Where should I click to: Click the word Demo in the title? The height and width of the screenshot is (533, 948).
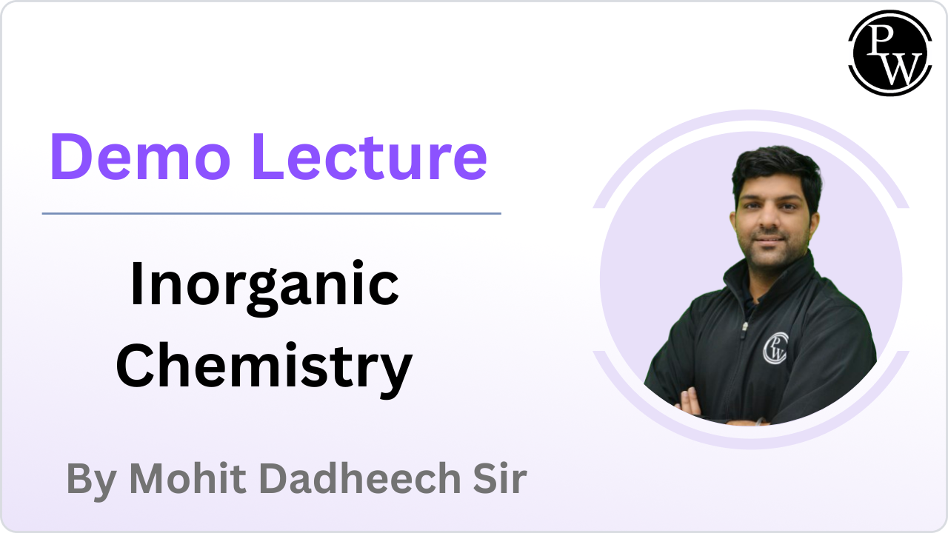141,156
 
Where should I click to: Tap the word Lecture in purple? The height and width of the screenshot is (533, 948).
370,156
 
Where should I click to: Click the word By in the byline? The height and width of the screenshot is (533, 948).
91,480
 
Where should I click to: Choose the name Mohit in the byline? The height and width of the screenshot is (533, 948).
187,478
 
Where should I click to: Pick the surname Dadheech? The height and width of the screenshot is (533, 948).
360,478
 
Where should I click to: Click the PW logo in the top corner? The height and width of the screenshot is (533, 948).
890,53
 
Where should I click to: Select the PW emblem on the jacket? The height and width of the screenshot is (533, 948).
775,348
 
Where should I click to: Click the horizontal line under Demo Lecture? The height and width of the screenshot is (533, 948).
271,214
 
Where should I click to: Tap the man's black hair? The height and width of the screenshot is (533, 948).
777,170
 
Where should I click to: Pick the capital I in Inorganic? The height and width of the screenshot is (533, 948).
137,283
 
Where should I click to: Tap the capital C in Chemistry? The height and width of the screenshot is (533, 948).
136,365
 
